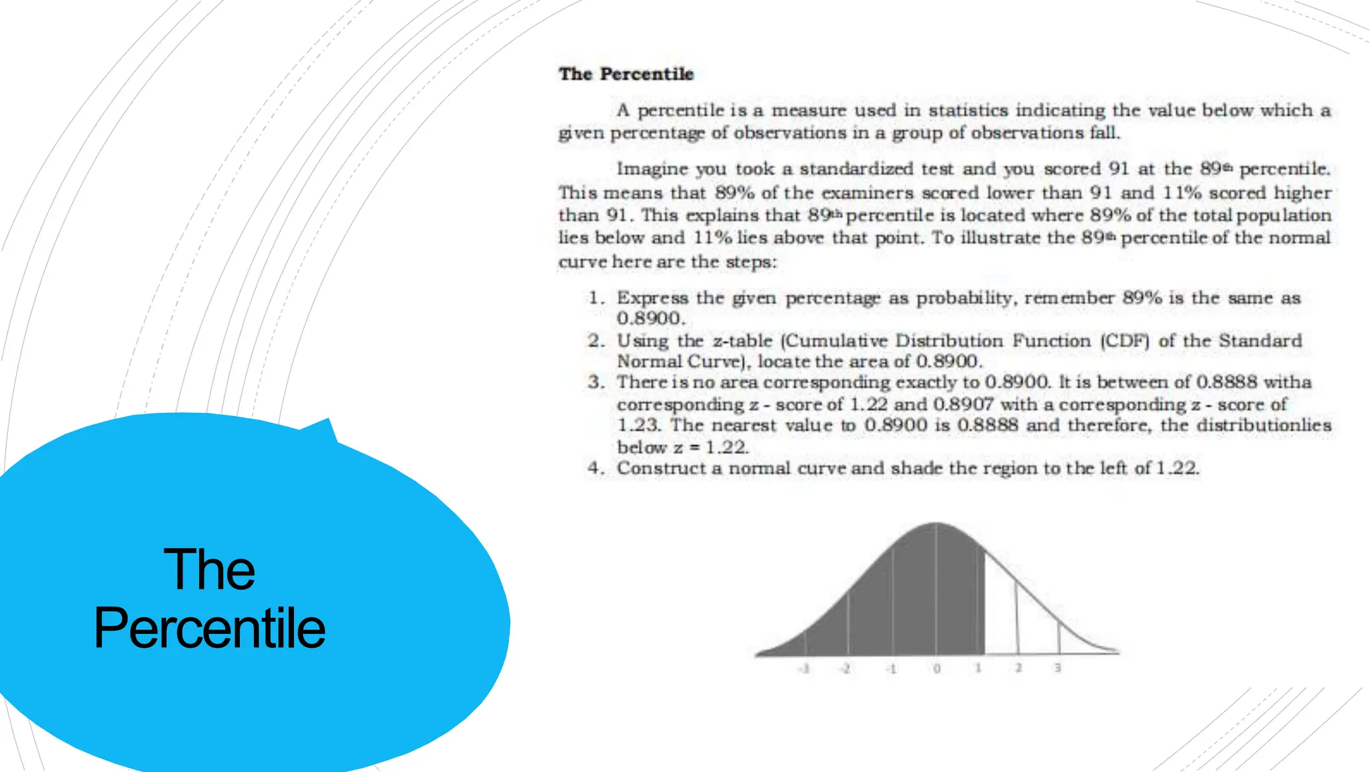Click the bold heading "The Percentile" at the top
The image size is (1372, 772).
[x=626, y=74]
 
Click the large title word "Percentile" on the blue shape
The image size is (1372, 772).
[x=210, y=628]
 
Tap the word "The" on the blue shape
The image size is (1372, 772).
[x=209, y=570]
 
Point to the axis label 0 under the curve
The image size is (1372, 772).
[x=937, y=668]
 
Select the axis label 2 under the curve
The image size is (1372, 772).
[x=1018, y=667]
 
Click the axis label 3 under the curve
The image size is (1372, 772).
[x=1058, y=667]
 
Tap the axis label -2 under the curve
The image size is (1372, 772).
[x=846, y=668]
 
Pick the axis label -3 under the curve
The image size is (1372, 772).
[x=805, y=668]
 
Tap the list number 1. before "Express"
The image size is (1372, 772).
[x=596, y=298]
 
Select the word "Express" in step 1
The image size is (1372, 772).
[x=652, y=298]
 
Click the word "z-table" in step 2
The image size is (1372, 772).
[x=742, y=340]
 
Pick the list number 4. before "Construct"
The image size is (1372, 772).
[x=596, y=468]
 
